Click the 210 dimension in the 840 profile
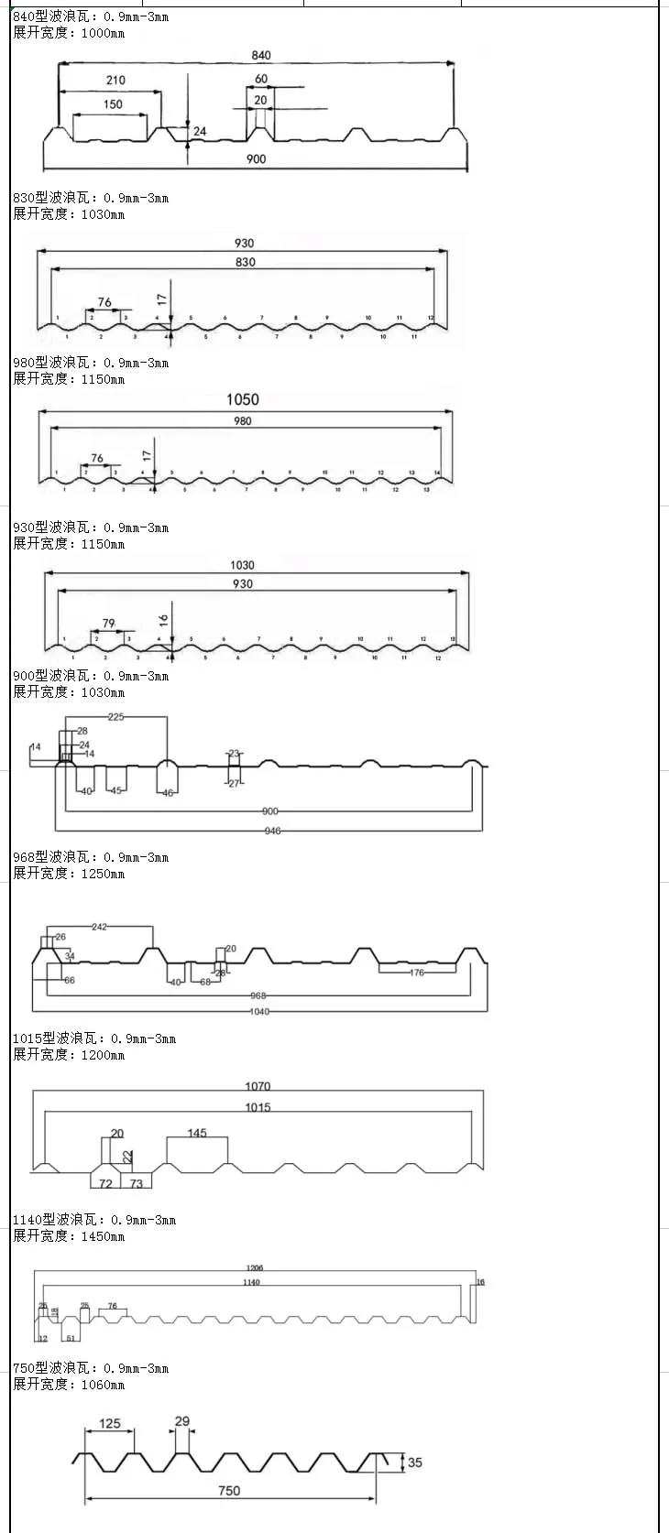click(x=115, y=81)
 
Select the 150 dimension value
click(x=113, y=104)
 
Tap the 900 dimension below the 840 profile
click(x=256, y=159)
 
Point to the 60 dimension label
click(x=261, y=80)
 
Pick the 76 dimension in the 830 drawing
click(x=104, y=302)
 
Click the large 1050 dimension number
click(x=243, y=399)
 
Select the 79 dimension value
click(x=109, y=624)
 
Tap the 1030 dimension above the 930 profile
click(x=242, y=565)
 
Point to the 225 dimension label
click(x=115, y=717)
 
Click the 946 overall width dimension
click(x=272, y=832)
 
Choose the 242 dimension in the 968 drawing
click(x=99, y=927)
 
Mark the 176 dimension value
click(x=417, y=973)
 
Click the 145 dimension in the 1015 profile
click(x=197, y=1133)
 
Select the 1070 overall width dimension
click(x=258, y=1086)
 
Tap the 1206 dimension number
click(x=254, y=1268)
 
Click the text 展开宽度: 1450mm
click(x=69, y=1236)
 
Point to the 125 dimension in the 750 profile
click(x=110, y=1424)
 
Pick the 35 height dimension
click(x=415, y=1462)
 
